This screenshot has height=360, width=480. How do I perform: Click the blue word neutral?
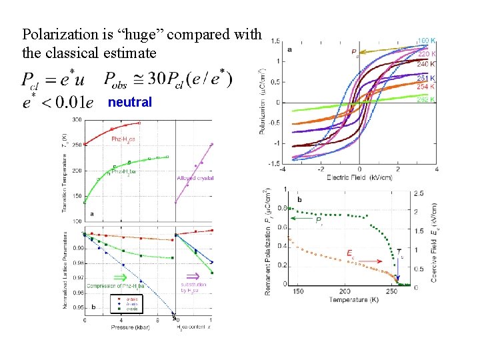tap(129, 103)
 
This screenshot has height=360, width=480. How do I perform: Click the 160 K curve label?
tap(427, 41)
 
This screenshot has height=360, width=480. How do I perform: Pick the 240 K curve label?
tap(427, 64)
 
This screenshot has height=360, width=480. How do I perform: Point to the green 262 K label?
tap(427, 99)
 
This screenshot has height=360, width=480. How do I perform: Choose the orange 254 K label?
tap(427, 87)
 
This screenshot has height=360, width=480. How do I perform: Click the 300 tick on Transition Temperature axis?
tap(77, 120)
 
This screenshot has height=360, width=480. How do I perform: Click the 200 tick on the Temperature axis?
tap(344, 292)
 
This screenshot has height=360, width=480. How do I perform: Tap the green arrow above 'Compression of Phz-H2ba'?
tap(121, 277)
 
